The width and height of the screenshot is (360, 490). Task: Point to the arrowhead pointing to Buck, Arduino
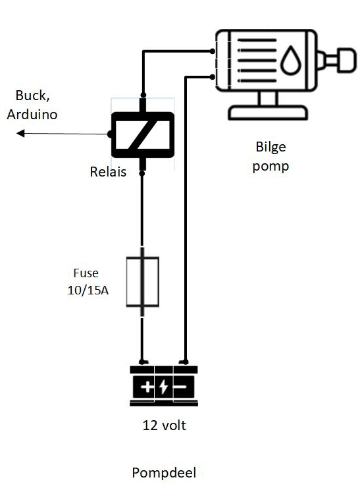pyautogui.click(x=20, y=134)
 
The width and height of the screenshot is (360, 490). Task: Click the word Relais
pyautogui.click(x=108, y=173)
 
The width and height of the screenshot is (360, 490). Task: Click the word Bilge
pyautogui.click(x=270, y=147)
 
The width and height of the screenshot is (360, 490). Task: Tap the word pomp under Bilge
pyautogui.click(x=270, y=165)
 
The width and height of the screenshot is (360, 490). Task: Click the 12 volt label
pyautogui.click(x=165, y=425)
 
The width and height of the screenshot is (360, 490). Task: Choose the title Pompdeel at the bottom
pyautogui.click(x=164, y=473)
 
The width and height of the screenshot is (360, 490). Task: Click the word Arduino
pyautogui.click(x=32, y=114)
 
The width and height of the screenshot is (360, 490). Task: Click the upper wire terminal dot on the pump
pyautogui.click(x=213, y=51)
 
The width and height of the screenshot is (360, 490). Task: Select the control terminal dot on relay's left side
pyautogui.click(x=110, y=134)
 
